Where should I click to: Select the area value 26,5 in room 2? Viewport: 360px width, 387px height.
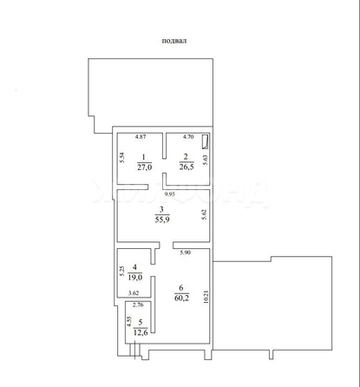click(x=185, y=169)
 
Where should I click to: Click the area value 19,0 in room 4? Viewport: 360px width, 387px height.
click(x=133, y=278)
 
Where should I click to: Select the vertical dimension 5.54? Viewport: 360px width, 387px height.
click(x=123, y=158)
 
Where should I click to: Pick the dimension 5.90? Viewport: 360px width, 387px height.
click(x=185, y=253)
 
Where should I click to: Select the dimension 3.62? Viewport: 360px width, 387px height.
click(x=135, y=294)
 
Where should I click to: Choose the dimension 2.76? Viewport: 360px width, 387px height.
click(x=138, y=305)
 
